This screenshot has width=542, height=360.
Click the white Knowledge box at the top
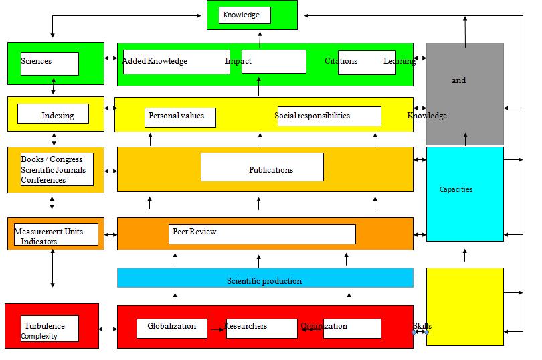click(244, 15)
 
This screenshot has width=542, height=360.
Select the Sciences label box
click(50, 64)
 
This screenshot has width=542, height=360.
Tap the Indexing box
click(53, 114)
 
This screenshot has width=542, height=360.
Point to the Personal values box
click(181, 116)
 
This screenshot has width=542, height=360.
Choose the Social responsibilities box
click(329, 116)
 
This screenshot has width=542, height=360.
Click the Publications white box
click(262, 167)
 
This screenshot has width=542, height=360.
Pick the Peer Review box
click(262, 234)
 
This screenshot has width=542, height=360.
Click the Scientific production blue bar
click(264, 280)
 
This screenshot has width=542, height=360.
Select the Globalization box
click(172, 327)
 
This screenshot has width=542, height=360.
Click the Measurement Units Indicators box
click(56, 234)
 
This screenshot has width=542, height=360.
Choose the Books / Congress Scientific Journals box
click(57, 169)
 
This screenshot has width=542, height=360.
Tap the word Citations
click(341, 62)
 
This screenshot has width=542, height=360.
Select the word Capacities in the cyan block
click(456, 189)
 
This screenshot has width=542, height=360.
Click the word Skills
click(422, 326)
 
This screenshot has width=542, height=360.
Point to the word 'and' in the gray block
click(458, 80)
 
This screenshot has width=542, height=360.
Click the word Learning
click(399, 62)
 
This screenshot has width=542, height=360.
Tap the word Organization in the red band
click(324, 327)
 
